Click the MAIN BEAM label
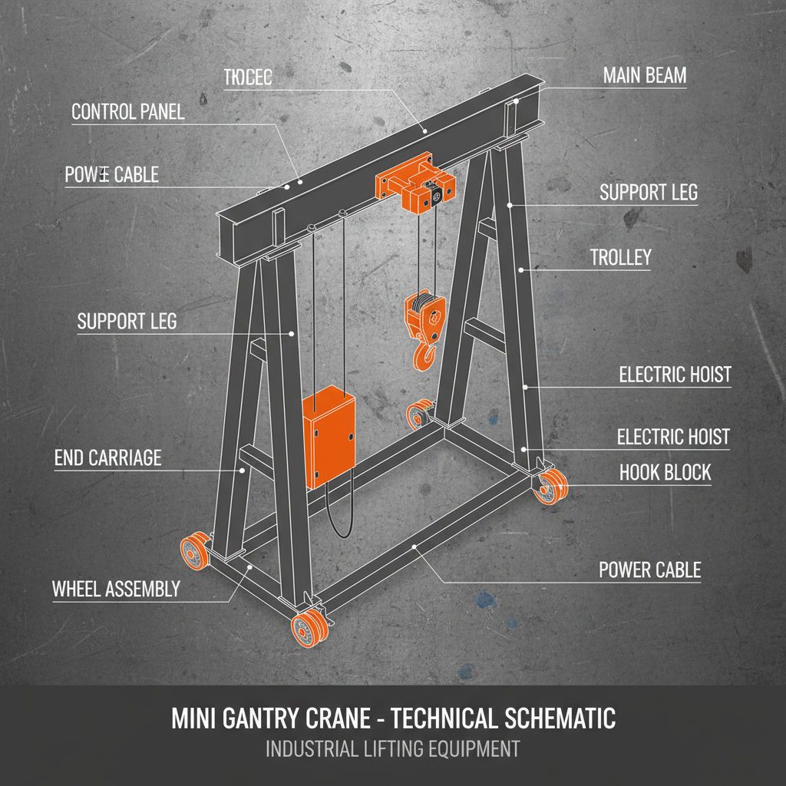coord(645,76)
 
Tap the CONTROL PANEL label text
coord(127,112)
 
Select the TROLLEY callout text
coord(620,258)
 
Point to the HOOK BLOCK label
coord(665,473)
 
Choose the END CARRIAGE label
coord(108,458)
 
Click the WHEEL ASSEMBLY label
coord(116,589)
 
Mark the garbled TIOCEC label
coord(248,78)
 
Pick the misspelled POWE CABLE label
coord(112,175)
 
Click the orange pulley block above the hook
coord(424,315)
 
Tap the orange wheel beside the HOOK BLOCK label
coord(552,488)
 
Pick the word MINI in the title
coord(193,719)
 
